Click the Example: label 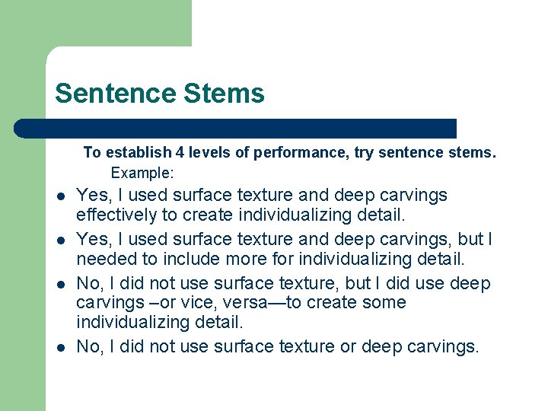pos(143,173)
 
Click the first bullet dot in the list pos(61,196)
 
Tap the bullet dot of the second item pos(61,241)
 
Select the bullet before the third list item pos(61,285)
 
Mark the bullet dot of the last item pos(61,348)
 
